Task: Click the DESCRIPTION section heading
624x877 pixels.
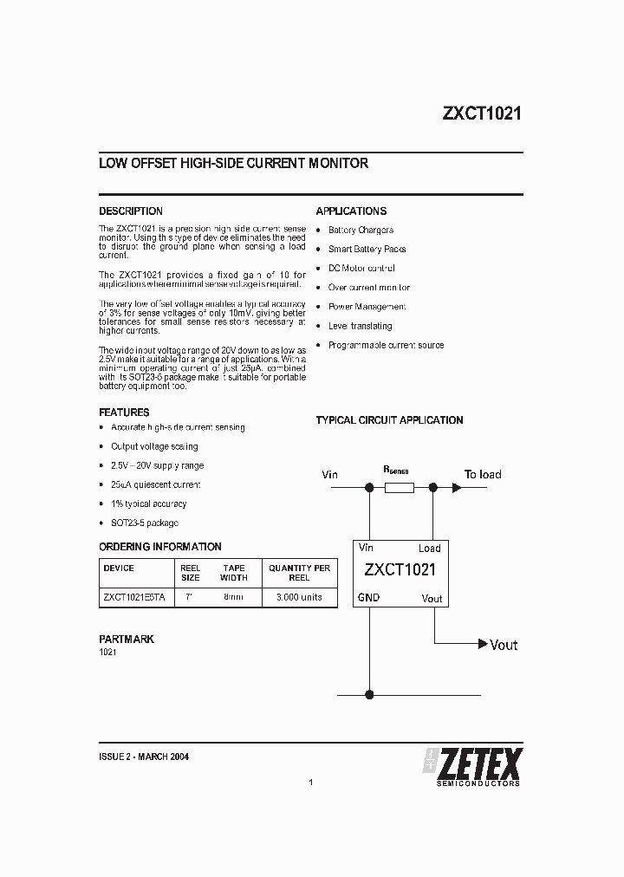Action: tap(131, 211)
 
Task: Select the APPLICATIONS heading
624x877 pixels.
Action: tap(351, 211)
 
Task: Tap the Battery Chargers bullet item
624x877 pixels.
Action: tap(361, 231)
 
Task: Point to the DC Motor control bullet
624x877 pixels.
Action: tap(361, 269)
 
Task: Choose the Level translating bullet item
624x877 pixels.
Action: tap(360, 326)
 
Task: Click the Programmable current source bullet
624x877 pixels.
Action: tap(386, 345)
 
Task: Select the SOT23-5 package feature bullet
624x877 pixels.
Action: tap(144, 523)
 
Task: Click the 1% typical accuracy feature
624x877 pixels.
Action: tap(148, 504)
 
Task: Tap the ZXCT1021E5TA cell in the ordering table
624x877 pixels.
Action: tap(134, 598)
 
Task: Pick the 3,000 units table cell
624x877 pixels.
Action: tap(299, 598)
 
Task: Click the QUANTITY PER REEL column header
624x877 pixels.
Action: tap(299, 573)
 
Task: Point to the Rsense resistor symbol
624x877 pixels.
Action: tap(398, 488)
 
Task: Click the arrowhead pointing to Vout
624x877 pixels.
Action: tap(482, 644)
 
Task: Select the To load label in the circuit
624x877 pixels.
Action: tap(483, 475)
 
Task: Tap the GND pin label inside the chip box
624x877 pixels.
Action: tap(368, 598)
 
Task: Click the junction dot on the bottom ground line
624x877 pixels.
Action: tap(370, 693)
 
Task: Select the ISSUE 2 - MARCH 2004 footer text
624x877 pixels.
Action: tap(145, 757)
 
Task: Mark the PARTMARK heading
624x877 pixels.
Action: tap(127, 639)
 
